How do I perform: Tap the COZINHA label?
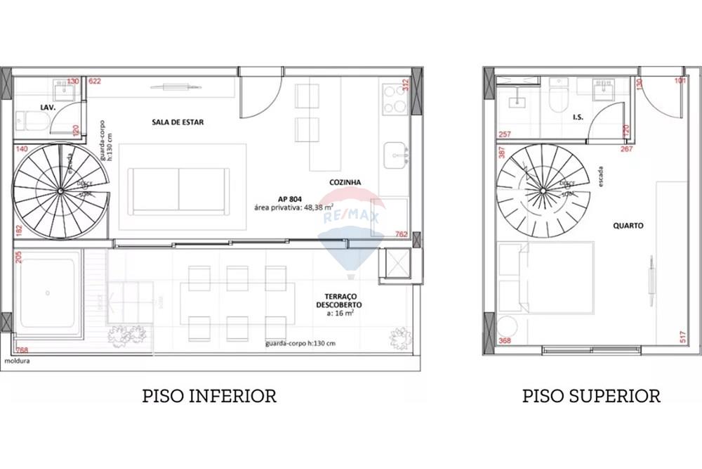(x=345, y=182)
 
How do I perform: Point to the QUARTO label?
(x=628, y=226)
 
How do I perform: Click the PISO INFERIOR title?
(x=208, y=396)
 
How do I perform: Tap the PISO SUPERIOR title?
(x=591, y=396)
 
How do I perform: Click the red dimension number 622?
(x=95, y=82)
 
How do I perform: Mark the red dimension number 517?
(x=682, y=337)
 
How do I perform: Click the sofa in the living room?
(x=178, y=191)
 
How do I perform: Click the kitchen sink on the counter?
(x=397, y=152)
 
